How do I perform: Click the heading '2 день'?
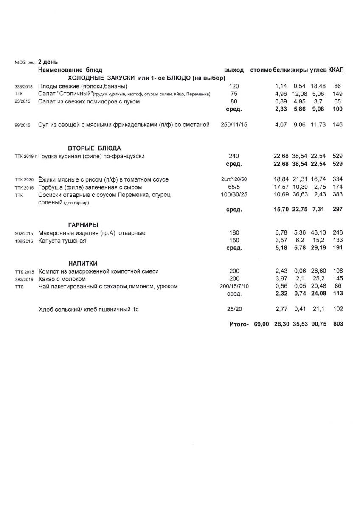[48, 62]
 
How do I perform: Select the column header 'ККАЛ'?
[336, 70]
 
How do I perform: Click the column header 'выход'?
[234, 70]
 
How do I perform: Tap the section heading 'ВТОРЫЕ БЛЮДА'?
[94, 148]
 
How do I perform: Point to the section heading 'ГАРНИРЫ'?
[83, 225]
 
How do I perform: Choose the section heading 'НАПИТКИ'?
[83, 263]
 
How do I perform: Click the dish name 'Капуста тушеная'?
[62, 241]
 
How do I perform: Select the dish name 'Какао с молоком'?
[62, 279]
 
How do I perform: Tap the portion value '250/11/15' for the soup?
[234, 125]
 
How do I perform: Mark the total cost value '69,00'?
[262, 324]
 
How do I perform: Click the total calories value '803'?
[338, 324]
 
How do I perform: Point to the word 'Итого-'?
[239, 324]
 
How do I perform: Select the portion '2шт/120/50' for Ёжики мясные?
[234, 179]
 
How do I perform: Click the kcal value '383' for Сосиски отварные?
[338, 195]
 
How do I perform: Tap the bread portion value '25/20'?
[234, 310]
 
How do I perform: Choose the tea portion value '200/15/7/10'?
[234, 287]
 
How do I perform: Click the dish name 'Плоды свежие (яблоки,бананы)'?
[82, 86]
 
